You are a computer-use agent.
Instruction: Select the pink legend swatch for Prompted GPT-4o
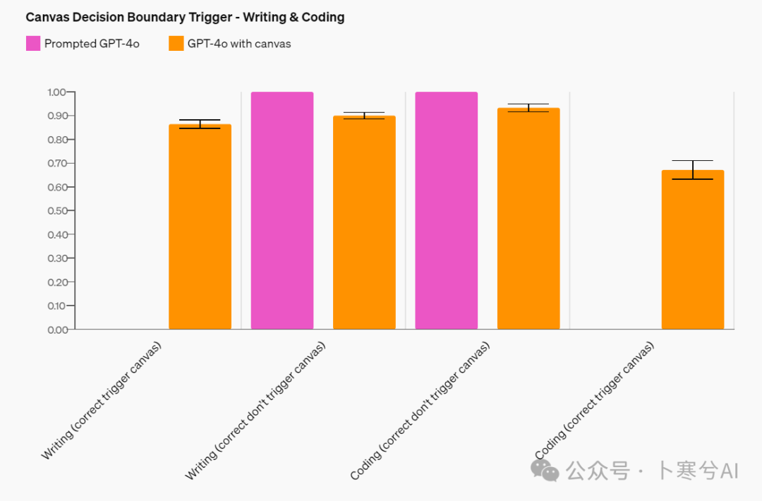pos(33,43)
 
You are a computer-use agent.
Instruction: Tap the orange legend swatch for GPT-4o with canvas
pos(176,43)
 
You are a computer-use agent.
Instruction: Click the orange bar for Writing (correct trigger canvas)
pos(200,226)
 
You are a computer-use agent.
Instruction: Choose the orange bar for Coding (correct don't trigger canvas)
pos(528,219)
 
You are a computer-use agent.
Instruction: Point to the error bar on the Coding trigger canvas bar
pos(692,169)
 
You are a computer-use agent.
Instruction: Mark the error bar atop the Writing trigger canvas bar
pos(200,124)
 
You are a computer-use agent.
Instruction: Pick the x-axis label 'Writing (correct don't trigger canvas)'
pos(255,411)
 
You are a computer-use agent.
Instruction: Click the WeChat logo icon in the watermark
pos(545,470)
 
